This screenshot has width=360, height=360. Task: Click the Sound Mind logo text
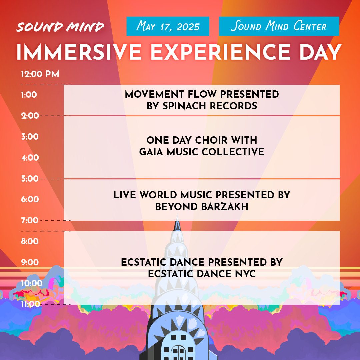tap(60, 27)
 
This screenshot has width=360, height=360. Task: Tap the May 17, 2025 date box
tap(168, 26)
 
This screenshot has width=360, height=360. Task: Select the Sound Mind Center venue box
tap(279, 26)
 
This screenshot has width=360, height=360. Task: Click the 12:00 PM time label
tap(40, 74)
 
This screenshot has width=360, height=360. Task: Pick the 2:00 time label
tap(30, 116)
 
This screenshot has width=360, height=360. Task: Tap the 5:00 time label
tap(30, 179)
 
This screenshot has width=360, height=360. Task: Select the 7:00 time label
tap(30, 220)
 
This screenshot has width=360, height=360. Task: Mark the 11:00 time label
tap(30, 304)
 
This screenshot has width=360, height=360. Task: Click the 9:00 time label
tap(30, 262)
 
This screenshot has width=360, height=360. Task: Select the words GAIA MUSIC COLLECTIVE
tap(202, 152)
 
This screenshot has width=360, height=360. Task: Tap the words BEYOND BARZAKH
tap(202, 207)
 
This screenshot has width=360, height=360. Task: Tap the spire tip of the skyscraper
tap(177, 217)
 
